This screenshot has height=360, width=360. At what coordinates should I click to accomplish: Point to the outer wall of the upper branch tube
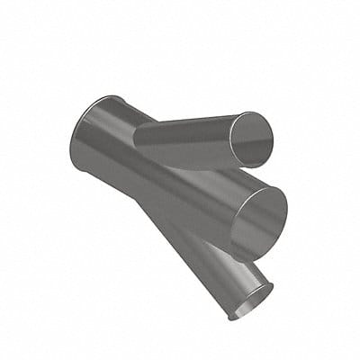184,139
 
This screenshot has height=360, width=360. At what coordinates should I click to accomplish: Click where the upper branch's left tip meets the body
137,135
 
